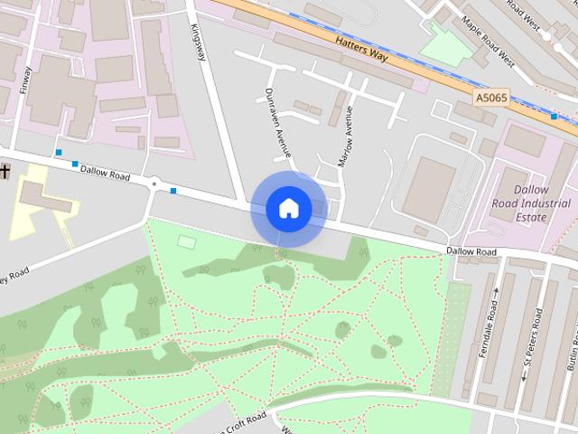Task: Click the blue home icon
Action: click(x=288, y=208)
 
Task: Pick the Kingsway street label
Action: click(x=200, y=41)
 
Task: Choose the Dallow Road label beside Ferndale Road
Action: click(x=471, y=250)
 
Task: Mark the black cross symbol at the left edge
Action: click(x=4, y=170)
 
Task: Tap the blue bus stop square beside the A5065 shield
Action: click(x=554, y=116)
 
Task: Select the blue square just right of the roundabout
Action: click(x=172, y=191)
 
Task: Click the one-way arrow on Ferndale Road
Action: click(x=495, y=292)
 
